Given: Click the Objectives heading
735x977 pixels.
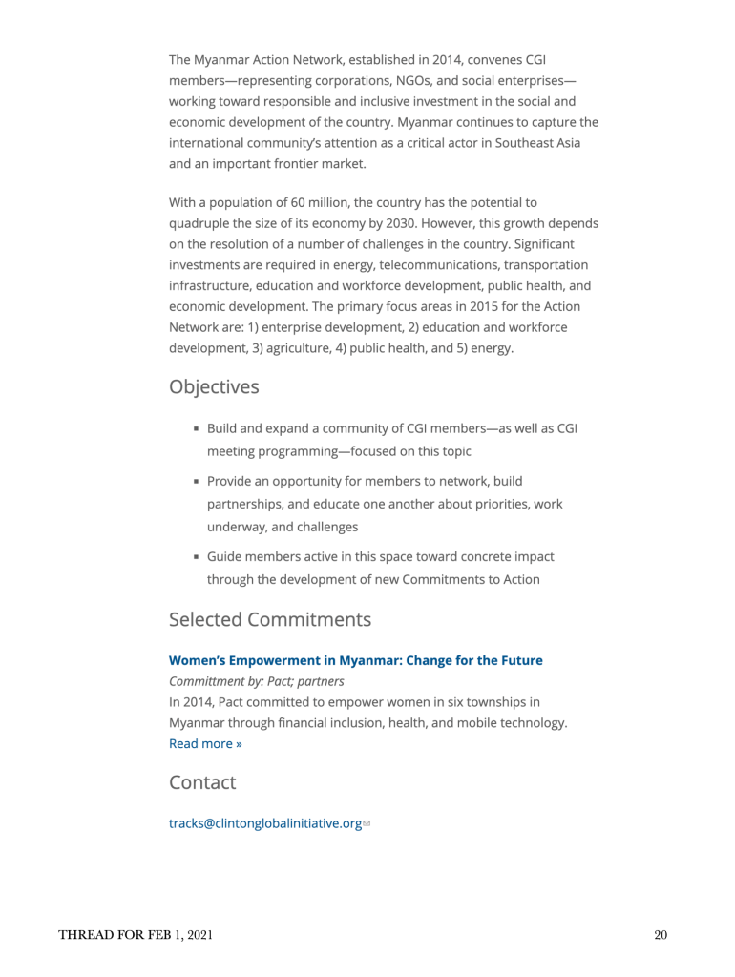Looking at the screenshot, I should tap(214, 387).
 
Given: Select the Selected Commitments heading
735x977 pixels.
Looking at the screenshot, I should tap(270, 620).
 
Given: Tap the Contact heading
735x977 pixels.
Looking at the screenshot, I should tap(202, 783).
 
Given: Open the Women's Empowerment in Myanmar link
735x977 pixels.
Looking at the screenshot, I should tap(355, 660).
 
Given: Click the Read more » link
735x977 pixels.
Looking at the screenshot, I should tap(205, 744).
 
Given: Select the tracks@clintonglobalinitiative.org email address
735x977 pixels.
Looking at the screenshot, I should tap(264, 823).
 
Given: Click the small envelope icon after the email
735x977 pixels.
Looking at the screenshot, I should tap(367, 824).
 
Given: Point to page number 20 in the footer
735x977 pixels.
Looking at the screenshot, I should tap(661, 935).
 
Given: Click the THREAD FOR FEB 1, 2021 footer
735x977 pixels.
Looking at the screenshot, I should tap(136, 935).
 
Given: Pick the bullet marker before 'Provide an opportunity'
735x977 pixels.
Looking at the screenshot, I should tap(197, 483).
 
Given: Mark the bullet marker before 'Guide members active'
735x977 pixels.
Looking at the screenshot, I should tap(197, 557).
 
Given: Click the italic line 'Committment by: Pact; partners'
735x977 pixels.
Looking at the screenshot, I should tap(256, 682).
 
